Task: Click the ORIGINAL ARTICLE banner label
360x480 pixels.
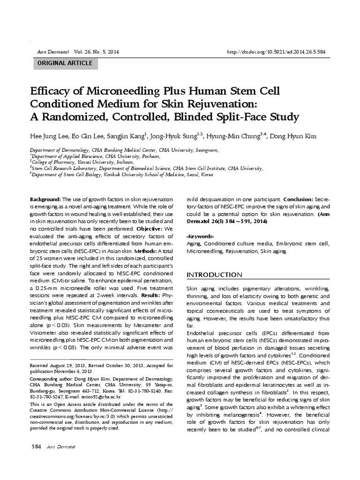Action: click(65, 63)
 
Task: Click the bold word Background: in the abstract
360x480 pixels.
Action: click(45, 199)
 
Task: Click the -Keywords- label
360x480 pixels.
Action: click(200, 236)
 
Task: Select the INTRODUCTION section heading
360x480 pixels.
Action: click(215, 275)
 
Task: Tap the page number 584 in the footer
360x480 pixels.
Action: click(36, 446)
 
